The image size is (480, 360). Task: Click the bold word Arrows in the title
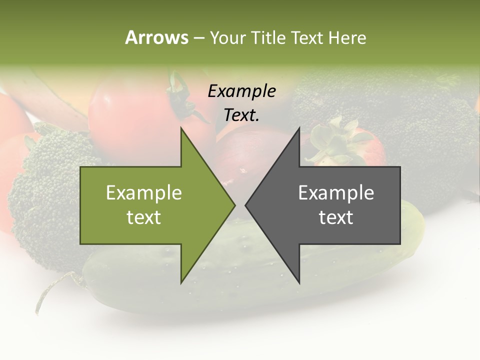click(x=156, y=37)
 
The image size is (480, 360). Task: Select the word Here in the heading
click(x=347, y=37)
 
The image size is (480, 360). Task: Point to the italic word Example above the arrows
click(x=241, y=91)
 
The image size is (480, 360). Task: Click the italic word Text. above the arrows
click(x=241, y=115)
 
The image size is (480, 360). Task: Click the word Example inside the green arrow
click(x=144, y=193)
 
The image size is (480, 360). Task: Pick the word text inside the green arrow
click(x=144, y=217)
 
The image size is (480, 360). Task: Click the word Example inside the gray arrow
click(x=336, y=193)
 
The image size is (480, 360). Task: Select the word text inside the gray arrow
click(x=336, y=217)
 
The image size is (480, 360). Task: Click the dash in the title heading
click(x=198, y=38)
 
